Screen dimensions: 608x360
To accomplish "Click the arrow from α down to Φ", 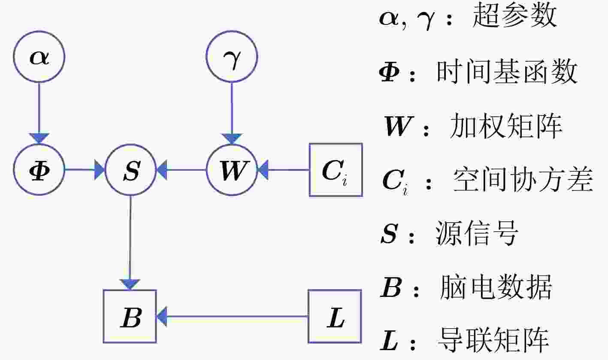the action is tap(39, 113).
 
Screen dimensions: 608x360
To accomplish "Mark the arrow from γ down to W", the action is tap(232, 113).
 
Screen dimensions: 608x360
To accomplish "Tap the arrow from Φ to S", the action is tap(85, 169).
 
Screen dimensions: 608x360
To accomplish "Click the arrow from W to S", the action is tap(181, 170).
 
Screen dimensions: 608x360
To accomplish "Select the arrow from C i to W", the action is tap(283, 170).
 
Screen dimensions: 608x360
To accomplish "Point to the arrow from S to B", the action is tap(130, 243).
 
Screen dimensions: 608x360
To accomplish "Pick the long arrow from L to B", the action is tap(232, 316).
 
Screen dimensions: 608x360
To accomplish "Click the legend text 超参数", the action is tap(514, 16).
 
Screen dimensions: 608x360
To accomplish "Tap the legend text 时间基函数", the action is tap(507, 72).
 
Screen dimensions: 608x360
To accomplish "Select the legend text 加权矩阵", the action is tap(506, 126).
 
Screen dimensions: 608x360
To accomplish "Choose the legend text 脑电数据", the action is tap(496, 287).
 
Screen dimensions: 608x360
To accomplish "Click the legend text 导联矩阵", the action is tap(493, 340).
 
